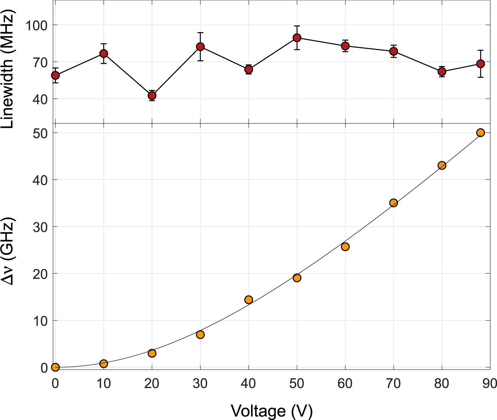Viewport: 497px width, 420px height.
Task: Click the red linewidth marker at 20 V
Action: pos(152,96)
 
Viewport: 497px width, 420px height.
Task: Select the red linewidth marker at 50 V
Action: pos(297,38)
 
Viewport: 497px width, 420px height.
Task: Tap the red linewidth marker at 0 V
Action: pos(55,75)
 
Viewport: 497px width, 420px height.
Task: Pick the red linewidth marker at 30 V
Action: pos(200,47)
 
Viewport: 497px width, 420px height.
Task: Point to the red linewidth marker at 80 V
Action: pos(442,72)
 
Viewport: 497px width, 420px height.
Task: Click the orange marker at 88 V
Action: pos(481,133)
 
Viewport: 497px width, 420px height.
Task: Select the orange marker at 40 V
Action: pos(248,300)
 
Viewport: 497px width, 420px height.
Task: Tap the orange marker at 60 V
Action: pos(345,247)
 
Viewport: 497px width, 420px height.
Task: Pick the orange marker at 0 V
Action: pos(55,367)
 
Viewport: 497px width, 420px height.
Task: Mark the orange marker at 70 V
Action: pos(394,203)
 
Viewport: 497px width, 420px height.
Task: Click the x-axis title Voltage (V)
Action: pos(272,411)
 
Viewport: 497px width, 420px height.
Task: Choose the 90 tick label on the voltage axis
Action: pos(490,384)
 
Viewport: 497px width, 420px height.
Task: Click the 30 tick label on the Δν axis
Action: pos(40,227)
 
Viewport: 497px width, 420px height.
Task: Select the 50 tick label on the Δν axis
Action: pos(40,133)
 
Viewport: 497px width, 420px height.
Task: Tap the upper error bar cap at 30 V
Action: pos(200,32)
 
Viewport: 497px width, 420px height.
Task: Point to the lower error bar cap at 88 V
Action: pos(481,77)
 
